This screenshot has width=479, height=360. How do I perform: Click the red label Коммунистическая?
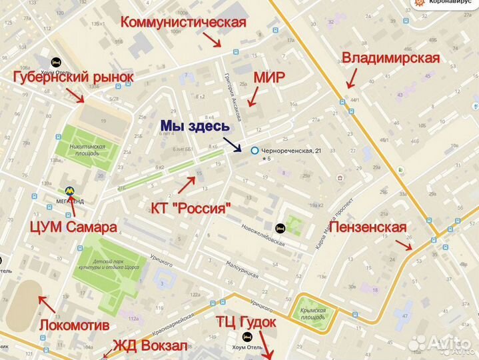tap(183, 22)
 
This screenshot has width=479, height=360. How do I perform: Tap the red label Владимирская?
tap(390, 58)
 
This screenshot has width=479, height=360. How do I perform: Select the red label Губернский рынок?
tap(73, 77)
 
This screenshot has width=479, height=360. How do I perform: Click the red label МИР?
tap(269, 78)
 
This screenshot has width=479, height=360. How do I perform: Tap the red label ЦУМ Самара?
tap(73, 227)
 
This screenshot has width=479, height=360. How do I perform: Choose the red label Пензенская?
tap(368, 227)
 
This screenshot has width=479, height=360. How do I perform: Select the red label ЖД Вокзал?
tap(151, 345)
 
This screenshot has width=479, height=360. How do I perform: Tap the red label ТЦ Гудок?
tap(246, 323)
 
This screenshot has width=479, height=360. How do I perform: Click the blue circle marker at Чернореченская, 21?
tap(254, 151)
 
